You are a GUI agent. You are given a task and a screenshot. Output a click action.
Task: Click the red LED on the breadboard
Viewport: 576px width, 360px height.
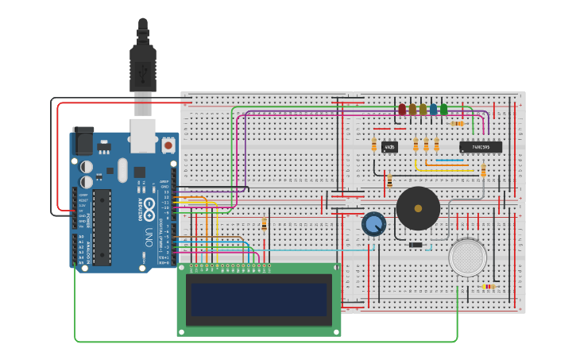click(402, 109)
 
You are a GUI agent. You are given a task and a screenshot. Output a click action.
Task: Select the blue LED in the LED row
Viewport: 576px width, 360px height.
click(433, 110)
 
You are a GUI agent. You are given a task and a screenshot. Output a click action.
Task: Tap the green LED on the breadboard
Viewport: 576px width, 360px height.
click(443, 110)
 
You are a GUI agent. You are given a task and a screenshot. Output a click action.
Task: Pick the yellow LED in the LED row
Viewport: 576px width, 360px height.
click(423, 110)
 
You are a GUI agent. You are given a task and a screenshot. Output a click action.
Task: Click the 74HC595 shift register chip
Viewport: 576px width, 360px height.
click(481, 147)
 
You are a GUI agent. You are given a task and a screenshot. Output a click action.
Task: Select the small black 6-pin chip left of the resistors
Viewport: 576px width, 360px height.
click(389, 147)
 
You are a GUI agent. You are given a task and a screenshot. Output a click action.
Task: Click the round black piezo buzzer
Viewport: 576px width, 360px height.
click(418, 208)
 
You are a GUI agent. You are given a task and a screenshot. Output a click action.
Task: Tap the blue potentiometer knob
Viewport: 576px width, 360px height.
click(373, 224)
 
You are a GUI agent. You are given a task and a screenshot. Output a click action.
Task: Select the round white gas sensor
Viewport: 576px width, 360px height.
click(467, 257)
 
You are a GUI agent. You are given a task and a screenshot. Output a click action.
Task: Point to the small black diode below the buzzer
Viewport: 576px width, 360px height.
click(415, 245)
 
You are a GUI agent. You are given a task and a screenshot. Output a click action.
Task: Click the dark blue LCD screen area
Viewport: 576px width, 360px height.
click(258, 300)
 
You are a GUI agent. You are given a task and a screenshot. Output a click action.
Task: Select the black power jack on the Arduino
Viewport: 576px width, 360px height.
click(83, 141)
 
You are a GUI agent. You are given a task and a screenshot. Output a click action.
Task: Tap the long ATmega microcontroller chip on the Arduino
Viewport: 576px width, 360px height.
click(102, 227)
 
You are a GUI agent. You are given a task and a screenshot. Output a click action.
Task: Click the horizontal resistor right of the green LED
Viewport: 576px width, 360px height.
click(458, 123)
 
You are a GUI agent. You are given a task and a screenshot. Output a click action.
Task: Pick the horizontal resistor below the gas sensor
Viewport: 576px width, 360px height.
click(488, 286)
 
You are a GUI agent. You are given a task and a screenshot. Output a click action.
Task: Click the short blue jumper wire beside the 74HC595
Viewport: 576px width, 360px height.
click(450, 160)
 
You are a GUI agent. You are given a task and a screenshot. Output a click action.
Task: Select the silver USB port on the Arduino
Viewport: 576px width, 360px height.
click(142, 135)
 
